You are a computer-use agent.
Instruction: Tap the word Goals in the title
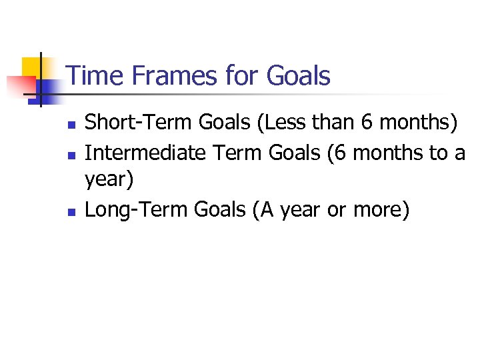pyautogui.click(x=297, y=76)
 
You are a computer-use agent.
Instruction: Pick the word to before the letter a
pyautogui.click(x=438, y=152)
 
